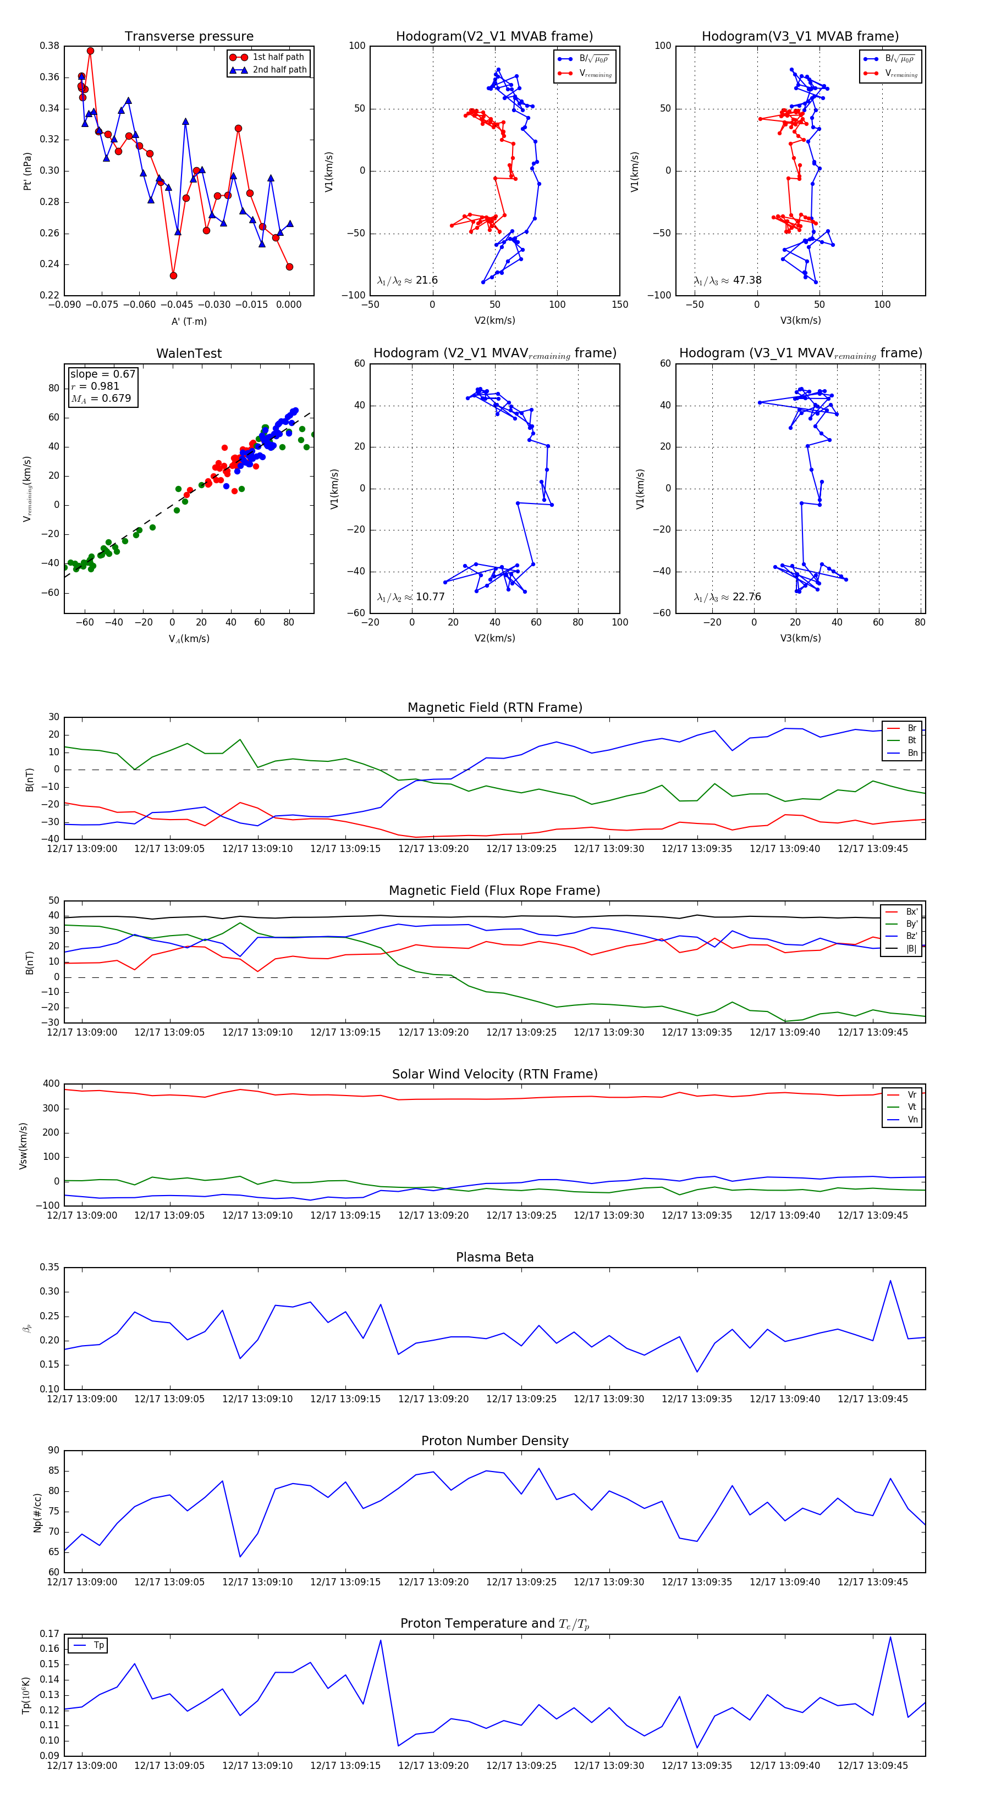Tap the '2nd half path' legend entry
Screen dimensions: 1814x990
(279, 70)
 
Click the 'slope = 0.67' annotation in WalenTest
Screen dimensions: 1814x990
(102, 374)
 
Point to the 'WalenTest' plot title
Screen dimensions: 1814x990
(189, 353)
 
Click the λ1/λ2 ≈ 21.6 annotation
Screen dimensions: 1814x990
(407, 280)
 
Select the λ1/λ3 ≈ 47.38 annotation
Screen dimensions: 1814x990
(727, 280)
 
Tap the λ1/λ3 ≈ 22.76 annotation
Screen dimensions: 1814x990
(727, 597)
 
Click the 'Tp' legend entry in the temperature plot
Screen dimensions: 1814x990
(98, 1646)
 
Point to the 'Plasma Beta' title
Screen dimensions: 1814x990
(494, 1258)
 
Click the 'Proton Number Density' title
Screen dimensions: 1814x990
(494, 1441)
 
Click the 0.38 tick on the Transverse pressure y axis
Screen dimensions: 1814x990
(50, 46)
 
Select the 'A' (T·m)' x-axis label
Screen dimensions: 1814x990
(189, 321)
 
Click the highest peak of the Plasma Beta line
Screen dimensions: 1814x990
(890, 1281)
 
